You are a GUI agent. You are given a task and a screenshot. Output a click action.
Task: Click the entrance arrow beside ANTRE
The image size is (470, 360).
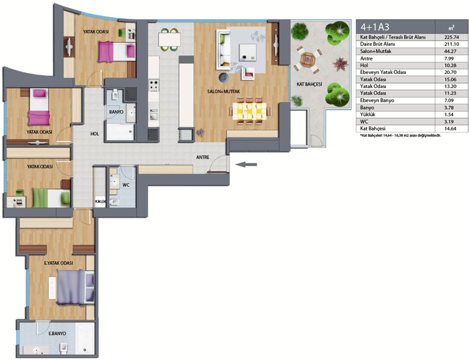tap(246, 164)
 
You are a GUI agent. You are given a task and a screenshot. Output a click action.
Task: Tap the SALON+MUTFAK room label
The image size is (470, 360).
tap(224, 92)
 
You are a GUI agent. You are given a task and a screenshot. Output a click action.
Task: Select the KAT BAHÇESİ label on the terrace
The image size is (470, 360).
tap(310, 85)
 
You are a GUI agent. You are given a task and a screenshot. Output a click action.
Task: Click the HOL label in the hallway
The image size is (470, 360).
tap(95, 134)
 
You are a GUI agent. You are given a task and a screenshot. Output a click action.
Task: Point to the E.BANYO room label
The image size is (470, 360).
tap(57, 334)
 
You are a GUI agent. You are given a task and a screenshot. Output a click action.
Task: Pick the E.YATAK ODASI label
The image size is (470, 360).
tap(58, 263)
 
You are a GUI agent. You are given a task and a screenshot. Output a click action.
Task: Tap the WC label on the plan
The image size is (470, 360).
tap(126, 185)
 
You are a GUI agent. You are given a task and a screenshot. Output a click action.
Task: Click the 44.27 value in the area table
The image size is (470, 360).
tap(451, 51)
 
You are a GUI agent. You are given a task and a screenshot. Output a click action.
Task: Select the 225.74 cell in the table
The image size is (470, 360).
tap(451, 38)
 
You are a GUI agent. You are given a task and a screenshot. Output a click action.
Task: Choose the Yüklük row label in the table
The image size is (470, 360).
tap(368, 115)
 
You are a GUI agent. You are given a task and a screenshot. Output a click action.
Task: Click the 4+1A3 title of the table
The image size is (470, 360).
tap(375, 27)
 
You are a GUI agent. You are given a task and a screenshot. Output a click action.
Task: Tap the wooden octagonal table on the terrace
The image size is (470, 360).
tap(308, 60)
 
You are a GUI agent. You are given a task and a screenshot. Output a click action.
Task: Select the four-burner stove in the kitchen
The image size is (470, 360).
tap(154, 85)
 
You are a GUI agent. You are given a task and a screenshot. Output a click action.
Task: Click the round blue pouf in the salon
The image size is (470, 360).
tap(224, 78)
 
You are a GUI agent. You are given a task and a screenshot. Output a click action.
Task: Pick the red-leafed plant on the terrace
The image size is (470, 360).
tap(340, 64)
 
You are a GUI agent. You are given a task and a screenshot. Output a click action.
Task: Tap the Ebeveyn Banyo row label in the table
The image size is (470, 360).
tap(377, 100)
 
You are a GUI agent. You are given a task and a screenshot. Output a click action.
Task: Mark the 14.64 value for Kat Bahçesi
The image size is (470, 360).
tap(451, 129)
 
